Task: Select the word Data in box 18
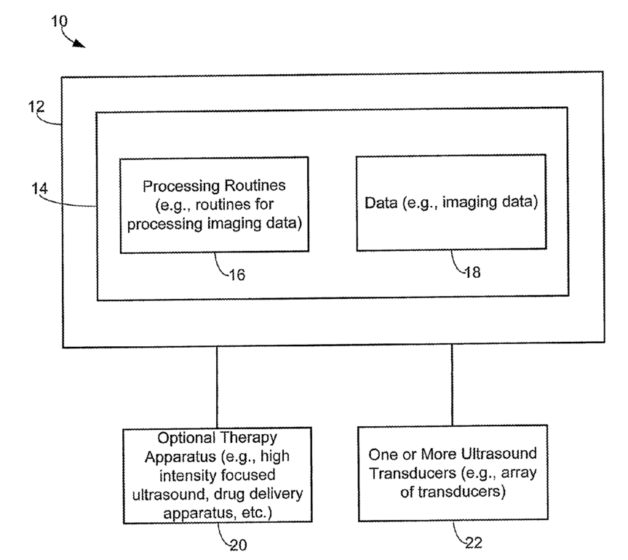pos(378,202)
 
